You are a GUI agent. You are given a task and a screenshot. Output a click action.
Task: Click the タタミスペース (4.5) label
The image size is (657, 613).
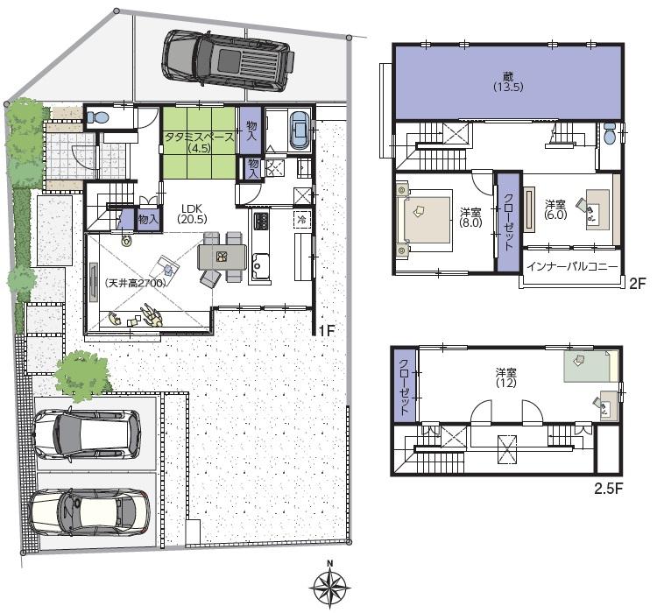[x=199, y=142]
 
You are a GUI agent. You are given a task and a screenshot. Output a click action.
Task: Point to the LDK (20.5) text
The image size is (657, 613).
[x=193, y=214]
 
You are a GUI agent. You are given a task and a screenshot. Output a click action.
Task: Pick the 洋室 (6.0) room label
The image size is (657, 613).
[x=555, y=208]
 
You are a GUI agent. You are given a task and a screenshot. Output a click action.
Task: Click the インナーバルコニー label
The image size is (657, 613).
[x=573, y=266]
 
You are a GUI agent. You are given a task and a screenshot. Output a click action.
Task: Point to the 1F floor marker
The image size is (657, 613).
[x=326, y=331]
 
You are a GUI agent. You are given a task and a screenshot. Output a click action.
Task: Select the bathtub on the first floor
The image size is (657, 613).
[x=299, y=130]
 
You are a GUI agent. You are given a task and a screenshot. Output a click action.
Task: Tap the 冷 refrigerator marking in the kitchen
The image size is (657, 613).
[x=301, y=219]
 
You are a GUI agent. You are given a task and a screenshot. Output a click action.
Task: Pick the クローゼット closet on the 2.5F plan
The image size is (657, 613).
[x=404, y=385]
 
